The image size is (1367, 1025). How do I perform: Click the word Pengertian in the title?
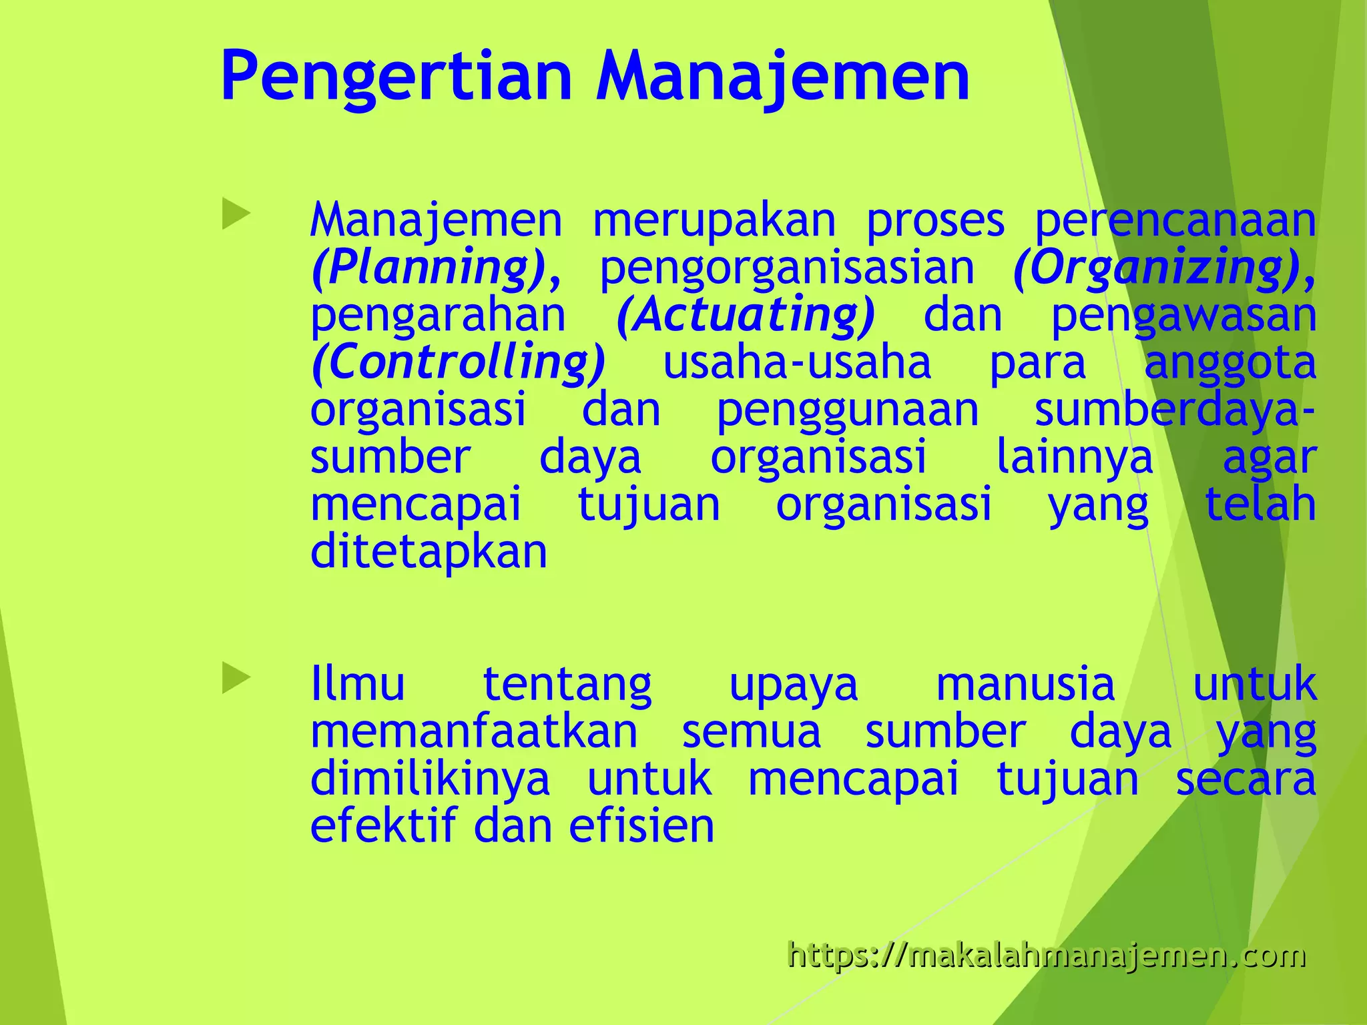(x=396, y=77)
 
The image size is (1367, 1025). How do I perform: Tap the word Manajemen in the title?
(x=782, y=77)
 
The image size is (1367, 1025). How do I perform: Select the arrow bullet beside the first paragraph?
(x=236, y=215)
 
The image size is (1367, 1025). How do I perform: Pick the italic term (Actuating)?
(x=745, y=315)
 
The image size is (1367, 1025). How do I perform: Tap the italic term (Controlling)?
(x=459, y=362)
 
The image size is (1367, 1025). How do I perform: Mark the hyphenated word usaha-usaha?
(x=797, y=362)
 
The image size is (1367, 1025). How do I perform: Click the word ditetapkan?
(x=429, y=553)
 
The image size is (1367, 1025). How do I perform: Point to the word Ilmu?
(x=358, y=684)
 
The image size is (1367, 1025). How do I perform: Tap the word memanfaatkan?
(x=475, y=731)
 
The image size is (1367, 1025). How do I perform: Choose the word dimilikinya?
(x=430, y=779)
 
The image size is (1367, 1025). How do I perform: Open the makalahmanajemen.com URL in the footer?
(x=1046, y=955)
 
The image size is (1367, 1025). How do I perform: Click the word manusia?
(x=1025, y=684)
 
